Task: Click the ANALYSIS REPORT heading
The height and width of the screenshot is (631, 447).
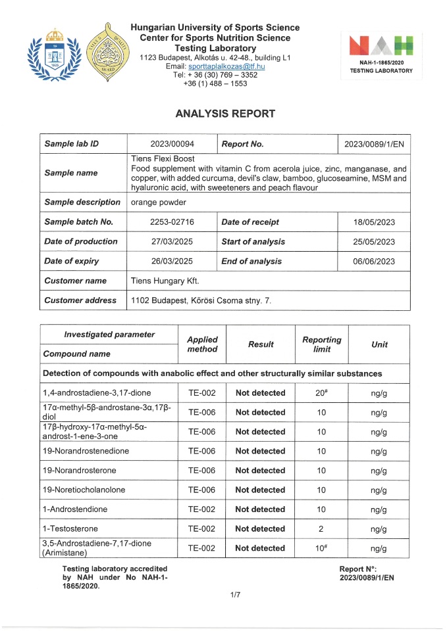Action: click(x=225, y=114)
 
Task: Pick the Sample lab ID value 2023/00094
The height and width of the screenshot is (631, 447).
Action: click(x=171, y=143)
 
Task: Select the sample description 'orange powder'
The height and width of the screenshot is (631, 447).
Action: click(x=159, y=202)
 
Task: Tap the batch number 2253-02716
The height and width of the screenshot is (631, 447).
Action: click(x=171, y=222)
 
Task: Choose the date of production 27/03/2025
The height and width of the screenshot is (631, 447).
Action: click(x=171, y=241)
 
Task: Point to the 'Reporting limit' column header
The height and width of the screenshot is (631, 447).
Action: click(x=321, y=344)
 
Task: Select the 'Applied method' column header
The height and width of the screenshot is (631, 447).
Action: click(x=202, y=344)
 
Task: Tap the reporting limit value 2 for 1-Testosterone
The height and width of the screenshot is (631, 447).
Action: click(x=321, y=528)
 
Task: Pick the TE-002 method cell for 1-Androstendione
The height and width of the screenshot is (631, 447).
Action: click(x=202, y=509)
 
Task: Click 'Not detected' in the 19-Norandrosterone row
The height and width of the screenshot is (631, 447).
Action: click(x=260, y=471)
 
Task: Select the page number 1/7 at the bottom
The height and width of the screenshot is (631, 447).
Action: click(x=236, y=595)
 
